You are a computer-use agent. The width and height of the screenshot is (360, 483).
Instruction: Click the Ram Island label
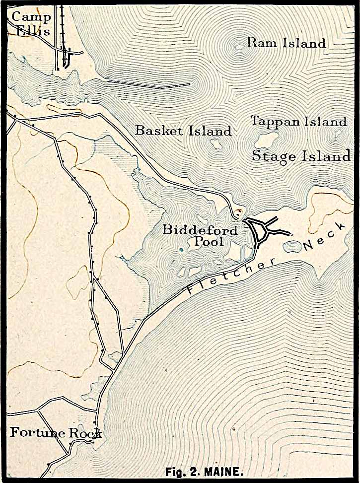pos(287,43)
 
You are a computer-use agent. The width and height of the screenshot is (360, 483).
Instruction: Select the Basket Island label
pos(183,131)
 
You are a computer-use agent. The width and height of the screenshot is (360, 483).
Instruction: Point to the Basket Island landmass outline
pos(216,144)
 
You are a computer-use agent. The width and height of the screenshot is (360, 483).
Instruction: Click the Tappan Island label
pos(298,121)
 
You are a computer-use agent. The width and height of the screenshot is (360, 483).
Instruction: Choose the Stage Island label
pos(301,156)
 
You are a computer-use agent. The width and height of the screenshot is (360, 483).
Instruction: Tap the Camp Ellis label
pos(31,24)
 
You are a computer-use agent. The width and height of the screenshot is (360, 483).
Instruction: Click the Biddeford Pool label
pos(200,236)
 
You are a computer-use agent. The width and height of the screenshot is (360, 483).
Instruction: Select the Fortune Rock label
pos(56,433)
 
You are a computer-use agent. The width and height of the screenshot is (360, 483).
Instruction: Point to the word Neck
pos(324,237)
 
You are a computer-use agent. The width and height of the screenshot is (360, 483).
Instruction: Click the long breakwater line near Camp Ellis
pos(149,84)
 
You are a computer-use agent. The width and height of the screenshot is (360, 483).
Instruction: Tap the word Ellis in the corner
pos(33,31)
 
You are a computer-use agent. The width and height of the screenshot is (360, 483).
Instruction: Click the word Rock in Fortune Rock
pos(85,433)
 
